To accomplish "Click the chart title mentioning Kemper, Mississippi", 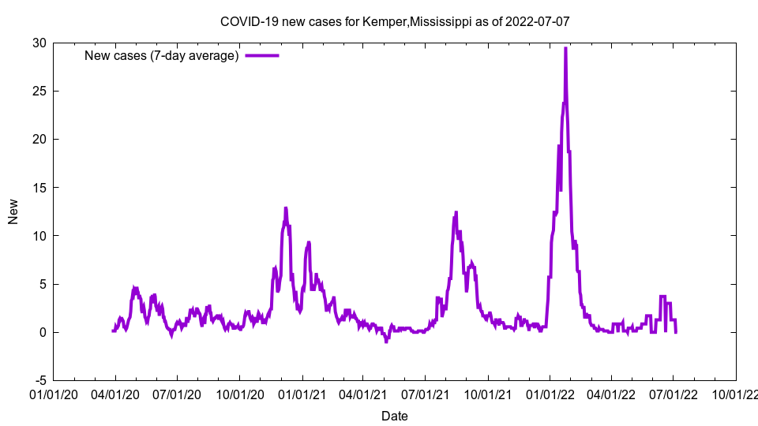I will coord(394,21).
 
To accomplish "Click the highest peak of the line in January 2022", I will coord(565,48).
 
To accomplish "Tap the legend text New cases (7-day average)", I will coord(162,55).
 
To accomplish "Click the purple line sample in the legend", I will coord(262,55).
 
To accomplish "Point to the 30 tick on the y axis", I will coord(39,43).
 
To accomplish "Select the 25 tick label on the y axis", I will coord(39,91).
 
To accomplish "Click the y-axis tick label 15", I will coord(39,187).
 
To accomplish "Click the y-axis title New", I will coord(13,211).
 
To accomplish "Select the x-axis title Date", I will coord(394,416).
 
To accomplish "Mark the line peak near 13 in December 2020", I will coord(286,207).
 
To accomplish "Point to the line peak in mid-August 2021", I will coord(456,212).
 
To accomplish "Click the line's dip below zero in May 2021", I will coord(386,342).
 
